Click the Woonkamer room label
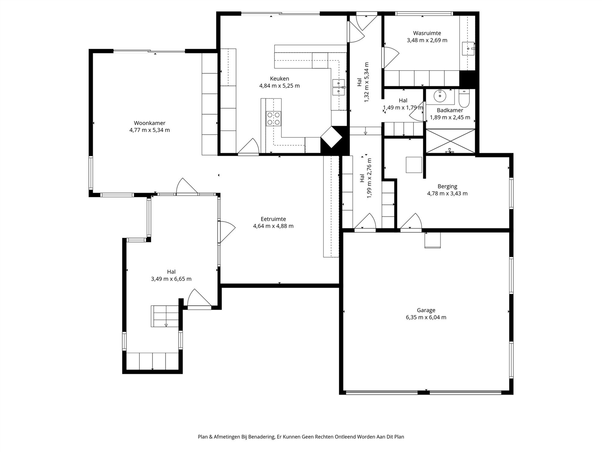click(150, 123)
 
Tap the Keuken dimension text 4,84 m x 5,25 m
click(280, 86)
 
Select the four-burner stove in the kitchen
click(273, 118)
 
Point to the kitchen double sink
click(339, 87)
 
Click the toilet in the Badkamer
click(464, 98)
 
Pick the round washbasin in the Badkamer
click(440, 96)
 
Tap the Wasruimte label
click(427, 33)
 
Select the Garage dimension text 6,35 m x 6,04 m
click(426, 317)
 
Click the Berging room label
click(447, 187)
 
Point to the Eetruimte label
click(273, 219)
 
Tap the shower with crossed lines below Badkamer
click(451, 141)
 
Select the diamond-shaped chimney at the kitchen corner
click(331, 137)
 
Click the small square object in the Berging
click(414, 165)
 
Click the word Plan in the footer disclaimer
click(203, 437)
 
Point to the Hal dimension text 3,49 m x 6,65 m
click(171, 279)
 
